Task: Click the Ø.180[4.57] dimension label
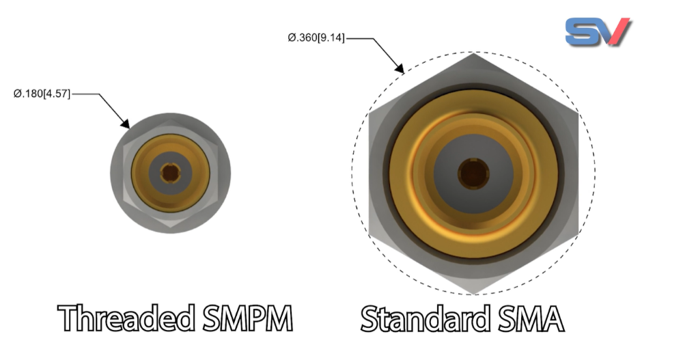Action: pyautogui.click(x=42, y=93)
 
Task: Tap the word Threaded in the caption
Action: pyautogui.click(x=123, y=319)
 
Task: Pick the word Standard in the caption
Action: pyautogui.click(x=428, y=319)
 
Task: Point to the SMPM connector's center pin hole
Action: pyautogui.click(x=169, y=173)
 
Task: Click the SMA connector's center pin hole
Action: pyautogui.click(x=473, y=174)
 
